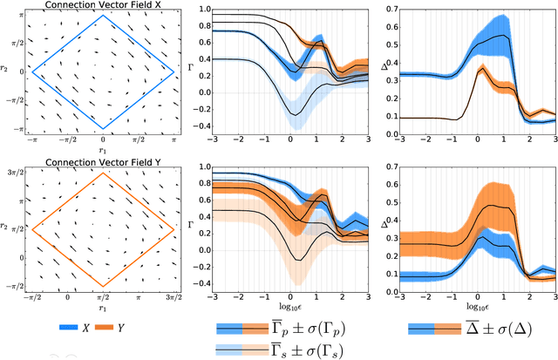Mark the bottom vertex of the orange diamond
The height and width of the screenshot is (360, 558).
pyautogui.click(x=103, y=284)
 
